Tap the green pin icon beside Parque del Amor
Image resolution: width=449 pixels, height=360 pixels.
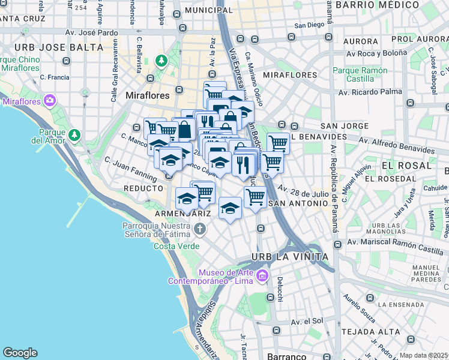[x=74, y=134]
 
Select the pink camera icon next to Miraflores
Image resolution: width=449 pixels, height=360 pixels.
[x=50, y=100]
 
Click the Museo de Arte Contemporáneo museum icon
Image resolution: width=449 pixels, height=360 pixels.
[x=262, y=276]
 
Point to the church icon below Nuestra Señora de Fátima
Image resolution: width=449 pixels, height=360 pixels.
[x=200, y=229]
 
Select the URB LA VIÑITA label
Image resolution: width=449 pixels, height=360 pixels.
[x=289, y=257]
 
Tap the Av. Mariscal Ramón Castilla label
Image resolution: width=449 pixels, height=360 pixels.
[x=397, y=242]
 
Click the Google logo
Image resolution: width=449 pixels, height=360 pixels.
[x=20, y=353]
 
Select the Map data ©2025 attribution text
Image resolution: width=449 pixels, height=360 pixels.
[x=423, y=355]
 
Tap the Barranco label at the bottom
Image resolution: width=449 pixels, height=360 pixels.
[x=286, y=356]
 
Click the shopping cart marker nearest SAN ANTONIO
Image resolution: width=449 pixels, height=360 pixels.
[x=255, y=196]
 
